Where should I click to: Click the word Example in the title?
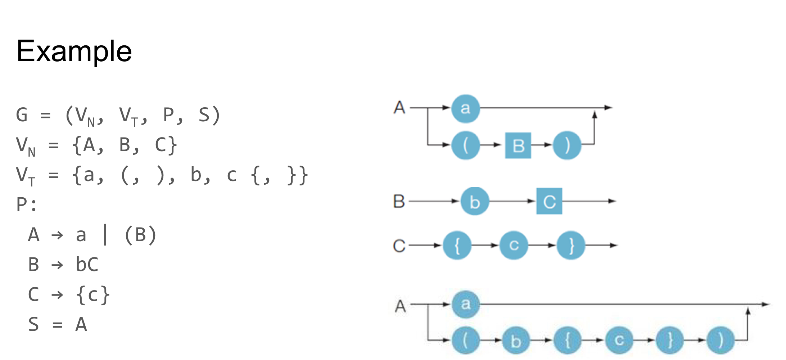(x=74, y=51)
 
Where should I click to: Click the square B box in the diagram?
(x=518, y=145)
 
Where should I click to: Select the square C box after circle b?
(x=549, y=201)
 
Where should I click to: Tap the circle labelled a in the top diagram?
(x=466, y=108)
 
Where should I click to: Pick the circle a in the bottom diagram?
(x=466, y=304)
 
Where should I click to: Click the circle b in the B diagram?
(x=475, y=202)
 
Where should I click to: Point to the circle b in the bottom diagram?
(x=516, y=340)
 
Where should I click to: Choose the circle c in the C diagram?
(x=514, y=246)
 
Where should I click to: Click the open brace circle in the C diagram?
(x=457, y=246)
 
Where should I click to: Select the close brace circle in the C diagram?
(x=571, y=246)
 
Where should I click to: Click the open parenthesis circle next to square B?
(x=466, y=145)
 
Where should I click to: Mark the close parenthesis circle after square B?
(x=567, y=145)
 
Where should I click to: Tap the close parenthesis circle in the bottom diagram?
(x=720, y=340)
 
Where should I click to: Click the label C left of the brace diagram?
(x=399, y=246)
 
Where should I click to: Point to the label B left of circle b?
(x=399, y=202)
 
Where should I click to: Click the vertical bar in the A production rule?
(x=105, y=235)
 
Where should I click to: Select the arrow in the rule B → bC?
(x=57, y=265)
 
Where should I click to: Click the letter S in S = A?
(x=33, y=324)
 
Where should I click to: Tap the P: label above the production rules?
(x=27, y=204)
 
